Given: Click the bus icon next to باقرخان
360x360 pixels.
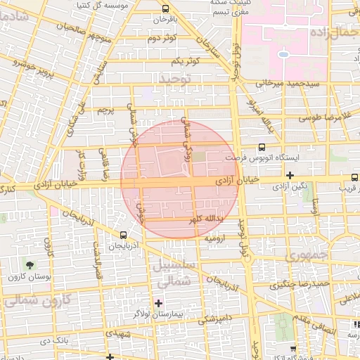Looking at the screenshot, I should (165, 9).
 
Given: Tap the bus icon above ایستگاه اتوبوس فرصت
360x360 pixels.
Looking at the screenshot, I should (262, 148).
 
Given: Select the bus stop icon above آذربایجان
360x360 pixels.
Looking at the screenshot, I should (124, 235).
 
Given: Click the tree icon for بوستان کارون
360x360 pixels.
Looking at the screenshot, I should (30, 264).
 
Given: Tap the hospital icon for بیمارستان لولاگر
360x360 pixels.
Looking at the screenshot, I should (158, 303).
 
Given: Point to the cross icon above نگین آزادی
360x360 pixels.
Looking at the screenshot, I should (290, 174).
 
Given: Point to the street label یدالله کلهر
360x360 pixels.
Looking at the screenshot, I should (208, 220).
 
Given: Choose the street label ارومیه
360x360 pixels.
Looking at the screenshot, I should (214, 239).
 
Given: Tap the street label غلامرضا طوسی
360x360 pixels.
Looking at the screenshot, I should (326, 117).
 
